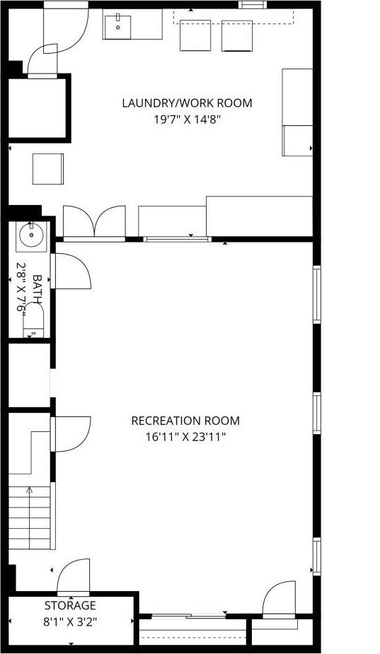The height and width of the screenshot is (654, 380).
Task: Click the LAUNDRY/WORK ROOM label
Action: point(187,103)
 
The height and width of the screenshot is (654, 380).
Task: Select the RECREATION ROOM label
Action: point(185,421)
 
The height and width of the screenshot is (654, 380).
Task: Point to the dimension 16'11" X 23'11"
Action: point(185,437)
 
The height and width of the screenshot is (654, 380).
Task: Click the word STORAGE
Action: point(70,606)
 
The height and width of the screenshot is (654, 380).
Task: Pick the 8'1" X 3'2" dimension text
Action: point(70,623)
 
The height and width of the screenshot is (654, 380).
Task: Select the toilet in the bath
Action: point(33,322)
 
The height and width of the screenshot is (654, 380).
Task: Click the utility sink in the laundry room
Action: point(118,26)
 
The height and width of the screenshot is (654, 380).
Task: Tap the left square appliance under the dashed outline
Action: point(196,35)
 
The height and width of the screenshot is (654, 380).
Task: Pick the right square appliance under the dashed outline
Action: point(237,35)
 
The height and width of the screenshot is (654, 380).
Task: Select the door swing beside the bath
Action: point(72,271)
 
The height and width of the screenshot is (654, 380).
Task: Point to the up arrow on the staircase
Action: point(30,489)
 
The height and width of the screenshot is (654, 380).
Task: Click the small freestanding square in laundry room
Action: point(48,168)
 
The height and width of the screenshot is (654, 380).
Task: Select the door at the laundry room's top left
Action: point(66,35)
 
